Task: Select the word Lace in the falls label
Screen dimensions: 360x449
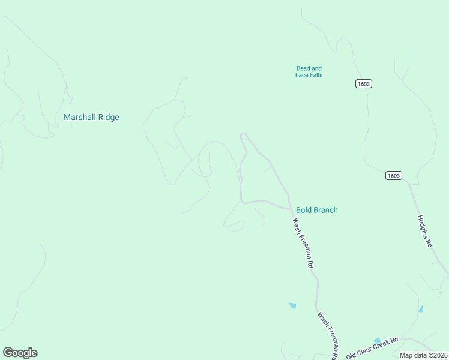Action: pos(301,75)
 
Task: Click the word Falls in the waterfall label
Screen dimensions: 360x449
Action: pos(316,75)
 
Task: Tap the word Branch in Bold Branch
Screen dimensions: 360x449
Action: pos(325,210)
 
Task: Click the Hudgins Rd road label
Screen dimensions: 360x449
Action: pos(424,232)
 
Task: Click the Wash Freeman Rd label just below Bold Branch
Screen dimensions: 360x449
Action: pos(303,243)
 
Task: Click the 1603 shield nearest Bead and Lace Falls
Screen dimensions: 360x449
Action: pos(363,83)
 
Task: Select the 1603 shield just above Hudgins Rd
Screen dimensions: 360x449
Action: pos(393,176)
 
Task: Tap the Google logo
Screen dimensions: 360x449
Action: pos(20,353)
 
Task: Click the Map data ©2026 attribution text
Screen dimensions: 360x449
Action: pos(423,355)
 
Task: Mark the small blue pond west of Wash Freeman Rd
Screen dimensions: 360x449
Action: pos(292,305)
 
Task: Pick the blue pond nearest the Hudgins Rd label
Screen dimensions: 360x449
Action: pos(420,310)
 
